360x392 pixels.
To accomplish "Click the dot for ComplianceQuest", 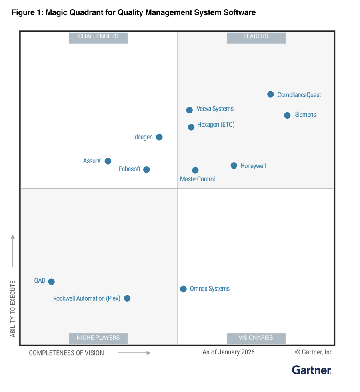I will point(270,94).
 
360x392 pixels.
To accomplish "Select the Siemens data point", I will point(287,115).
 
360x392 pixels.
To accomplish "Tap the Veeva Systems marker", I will point(190,110).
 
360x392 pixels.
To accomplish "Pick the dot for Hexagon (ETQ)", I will point(191,127).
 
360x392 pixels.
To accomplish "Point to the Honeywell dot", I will point(234,165).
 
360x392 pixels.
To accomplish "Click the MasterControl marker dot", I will point(195,170).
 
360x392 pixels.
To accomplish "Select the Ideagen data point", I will point(159,137).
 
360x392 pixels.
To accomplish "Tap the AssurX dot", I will point(108,161).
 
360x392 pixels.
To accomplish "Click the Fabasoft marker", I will point(146,169).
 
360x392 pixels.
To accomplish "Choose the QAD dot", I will point(51,281).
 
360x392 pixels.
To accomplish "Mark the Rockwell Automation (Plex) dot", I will point(127,298).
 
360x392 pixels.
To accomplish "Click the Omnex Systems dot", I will point(183,289).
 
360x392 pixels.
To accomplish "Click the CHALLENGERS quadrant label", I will point(98,37).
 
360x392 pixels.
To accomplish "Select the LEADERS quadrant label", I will point(256,37).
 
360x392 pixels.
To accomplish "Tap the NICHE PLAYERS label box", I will point(98,338).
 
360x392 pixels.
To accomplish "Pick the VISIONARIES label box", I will point(256,338).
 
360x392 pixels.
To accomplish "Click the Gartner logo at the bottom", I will point(311,370).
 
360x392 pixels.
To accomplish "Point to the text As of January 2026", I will point(228,352).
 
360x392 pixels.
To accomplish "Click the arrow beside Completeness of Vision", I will point(134,353).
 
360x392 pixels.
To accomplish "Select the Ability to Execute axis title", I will point(13,308).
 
